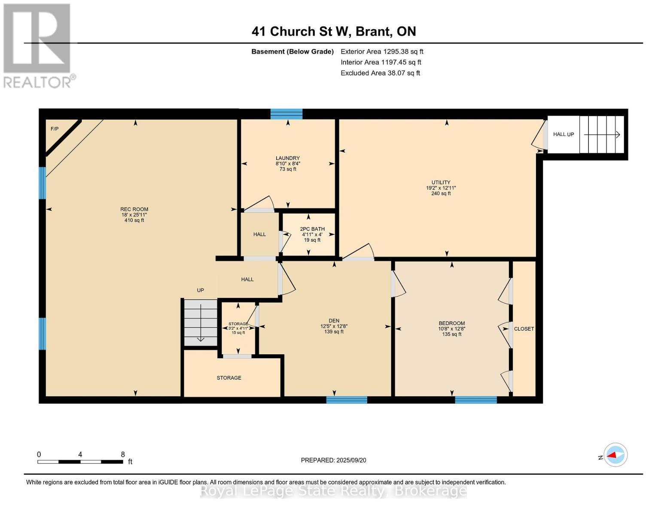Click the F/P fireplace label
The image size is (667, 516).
pos(54,129)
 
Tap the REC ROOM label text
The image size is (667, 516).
pos(134,209)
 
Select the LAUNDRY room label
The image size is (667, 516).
pos(288,158)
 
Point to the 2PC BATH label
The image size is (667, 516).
pos(312,229)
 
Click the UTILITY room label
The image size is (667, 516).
pos(441,182)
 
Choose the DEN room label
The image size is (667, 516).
pos(334,320)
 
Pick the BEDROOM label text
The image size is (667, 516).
pos(451,323)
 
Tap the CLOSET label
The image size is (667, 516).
pos(524,329)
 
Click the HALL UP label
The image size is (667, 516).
pos(563,134)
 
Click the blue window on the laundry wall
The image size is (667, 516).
pos(286,114)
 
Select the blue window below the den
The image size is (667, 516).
pos(347,400)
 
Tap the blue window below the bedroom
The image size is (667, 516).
pos(476,400)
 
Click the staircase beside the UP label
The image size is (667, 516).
pos(201,322)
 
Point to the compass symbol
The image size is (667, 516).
pos(615,455)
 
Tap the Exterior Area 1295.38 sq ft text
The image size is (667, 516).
pos(382,52)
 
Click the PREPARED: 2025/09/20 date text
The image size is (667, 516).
pos(333,460)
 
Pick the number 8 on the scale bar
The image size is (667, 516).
pos(123,454)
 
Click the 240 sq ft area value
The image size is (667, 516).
pos(441,193)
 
